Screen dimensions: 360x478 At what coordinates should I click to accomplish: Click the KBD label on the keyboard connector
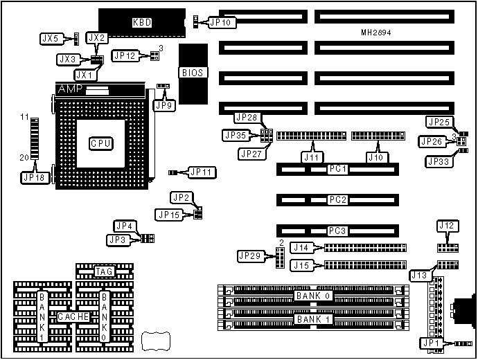coord(142,22)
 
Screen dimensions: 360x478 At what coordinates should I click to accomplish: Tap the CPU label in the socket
coord(100,143)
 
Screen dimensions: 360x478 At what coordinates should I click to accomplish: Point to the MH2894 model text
coord(376,33)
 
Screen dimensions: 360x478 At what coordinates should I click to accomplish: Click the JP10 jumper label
coord(223,22)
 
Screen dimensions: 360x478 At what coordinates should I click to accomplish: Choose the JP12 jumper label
coord(126,55)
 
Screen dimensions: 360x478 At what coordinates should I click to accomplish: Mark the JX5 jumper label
coord(50,38)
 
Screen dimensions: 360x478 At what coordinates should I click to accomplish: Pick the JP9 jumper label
coord(164,105)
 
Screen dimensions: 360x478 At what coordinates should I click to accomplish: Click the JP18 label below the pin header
coord(33,177)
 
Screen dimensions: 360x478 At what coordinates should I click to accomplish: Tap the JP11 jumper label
coord(203,172)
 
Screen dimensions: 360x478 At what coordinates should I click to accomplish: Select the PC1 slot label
coord(338,169)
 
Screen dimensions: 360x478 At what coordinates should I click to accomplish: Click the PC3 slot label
coord(338,231)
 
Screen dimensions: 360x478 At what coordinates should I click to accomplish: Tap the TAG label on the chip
coord(104,272)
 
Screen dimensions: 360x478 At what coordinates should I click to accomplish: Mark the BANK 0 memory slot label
coord(313,296)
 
